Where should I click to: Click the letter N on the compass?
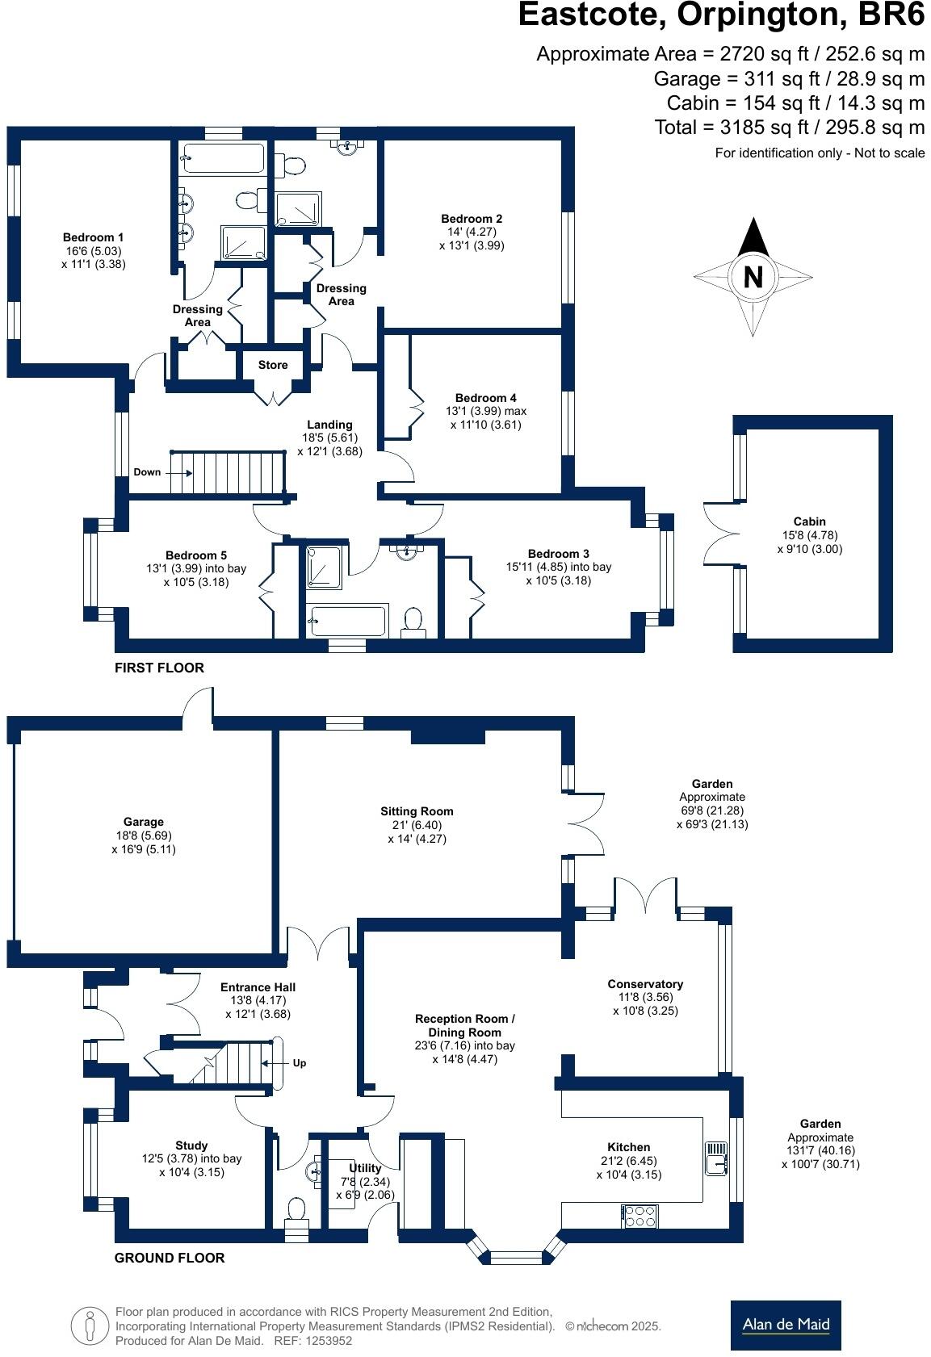[753, 277]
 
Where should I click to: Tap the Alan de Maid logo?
[785, 1324]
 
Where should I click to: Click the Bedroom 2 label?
[472, 219]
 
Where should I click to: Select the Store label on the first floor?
[273, 365]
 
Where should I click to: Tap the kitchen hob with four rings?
[639, 1216]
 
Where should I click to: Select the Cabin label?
[809, 521]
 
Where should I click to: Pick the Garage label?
[144, 822]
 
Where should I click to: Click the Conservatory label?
[645, 984]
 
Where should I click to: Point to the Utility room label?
[365, 1168]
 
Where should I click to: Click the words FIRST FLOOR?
[159, 668]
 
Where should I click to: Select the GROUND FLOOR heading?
[170, 1257]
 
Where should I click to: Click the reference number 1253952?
[325, 1341]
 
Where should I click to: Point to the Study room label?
[191, 1145]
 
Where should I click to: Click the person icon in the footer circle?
[90, 1325]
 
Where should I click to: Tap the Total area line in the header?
[789, 127]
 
